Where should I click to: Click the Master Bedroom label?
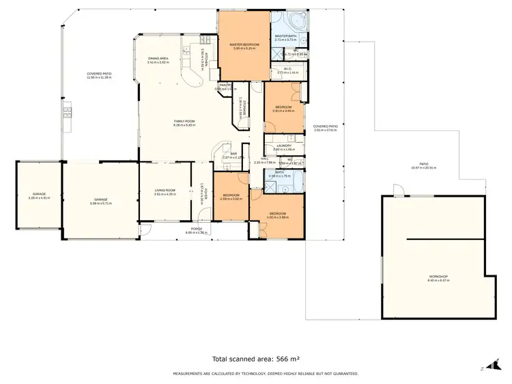pos(246,46)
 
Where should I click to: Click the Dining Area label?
pos(158,59)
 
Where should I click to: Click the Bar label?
pos(233,155)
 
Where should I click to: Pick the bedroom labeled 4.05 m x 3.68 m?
pos(278,215)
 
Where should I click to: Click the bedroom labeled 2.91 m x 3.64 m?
pos(284,108)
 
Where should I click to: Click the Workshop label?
pos(437,277)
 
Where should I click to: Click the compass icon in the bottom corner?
pos(489,367)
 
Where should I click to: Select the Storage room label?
pos(241,107)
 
